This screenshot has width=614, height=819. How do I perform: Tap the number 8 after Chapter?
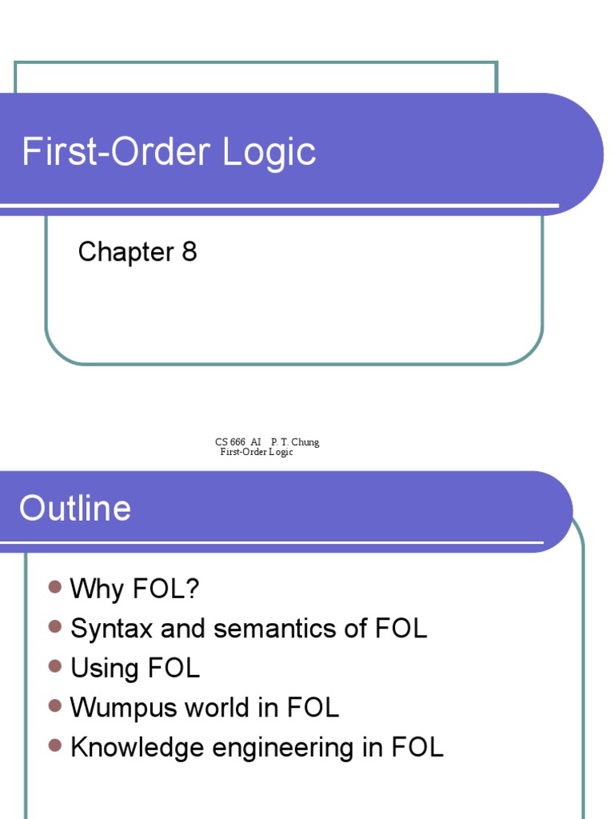189,253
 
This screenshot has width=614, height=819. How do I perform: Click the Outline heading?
75,509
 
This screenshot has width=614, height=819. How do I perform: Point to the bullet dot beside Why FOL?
54,588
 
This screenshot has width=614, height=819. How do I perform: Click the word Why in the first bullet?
96,589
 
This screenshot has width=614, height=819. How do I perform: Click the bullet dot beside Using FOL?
54,666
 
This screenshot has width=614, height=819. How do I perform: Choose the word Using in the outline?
104,669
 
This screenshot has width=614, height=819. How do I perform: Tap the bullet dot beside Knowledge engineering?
54,745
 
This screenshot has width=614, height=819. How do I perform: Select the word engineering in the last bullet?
295,749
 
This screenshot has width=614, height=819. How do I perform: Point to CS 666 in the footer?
230,442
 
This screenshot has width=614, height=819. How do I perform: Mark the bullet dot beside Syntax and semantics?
54,627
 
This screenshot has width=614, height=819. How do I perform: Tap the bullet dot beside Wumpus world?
54,705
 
